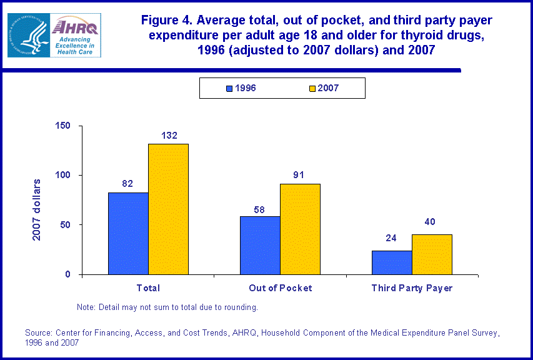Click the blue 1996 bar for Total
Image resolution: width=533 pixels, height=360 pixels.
128,233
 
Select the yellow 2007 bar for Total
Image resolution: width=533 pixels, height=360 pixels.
168,209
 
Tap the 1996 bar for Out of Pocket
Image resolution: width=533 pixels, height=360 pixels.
260,245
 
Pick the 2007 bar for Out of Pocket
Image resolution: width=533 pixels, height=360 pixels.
300,229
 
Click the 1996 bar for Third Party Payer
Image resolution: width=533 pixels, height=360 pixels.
392,262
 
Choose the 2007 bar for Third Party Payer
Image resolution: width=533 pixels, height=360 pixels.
432,254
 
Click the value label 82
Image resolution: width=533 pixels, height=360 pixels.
127,184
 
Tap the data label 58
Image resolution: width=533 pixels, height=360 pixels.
259,208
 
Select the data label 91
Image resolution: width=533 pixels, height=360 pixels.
299,175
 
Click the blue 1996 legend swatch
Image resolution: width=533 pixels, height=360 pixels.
229,89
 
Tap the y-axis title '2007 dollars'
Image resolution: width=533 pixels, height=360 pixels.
37,209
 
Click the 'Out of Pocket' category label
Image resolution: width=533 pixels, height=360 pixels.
280,288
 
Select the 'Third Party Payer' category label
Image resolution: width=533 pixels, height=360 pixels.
412,288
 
